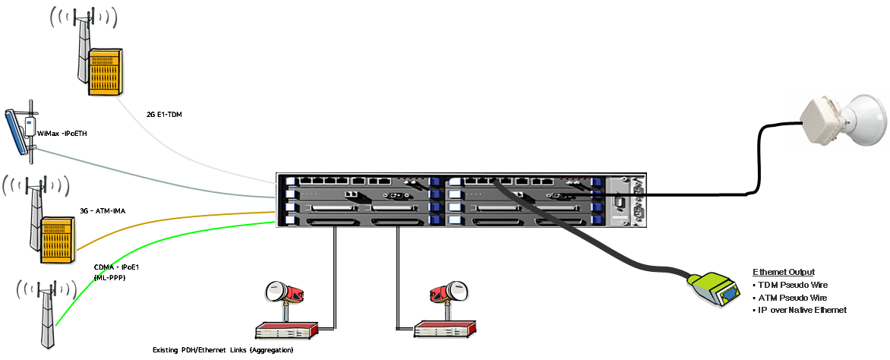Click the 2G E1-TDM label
(164, 114)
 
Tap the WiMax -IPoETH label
(62, 134)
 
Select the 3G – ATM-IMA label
(102, 211)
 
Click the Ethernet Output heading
(783, 272)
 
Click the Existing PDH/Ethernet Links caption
(222, 350)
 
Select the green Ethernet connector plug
(715, 289)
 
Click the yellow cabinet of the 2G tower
(105, 71)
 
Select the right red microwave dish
(447, 293)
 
